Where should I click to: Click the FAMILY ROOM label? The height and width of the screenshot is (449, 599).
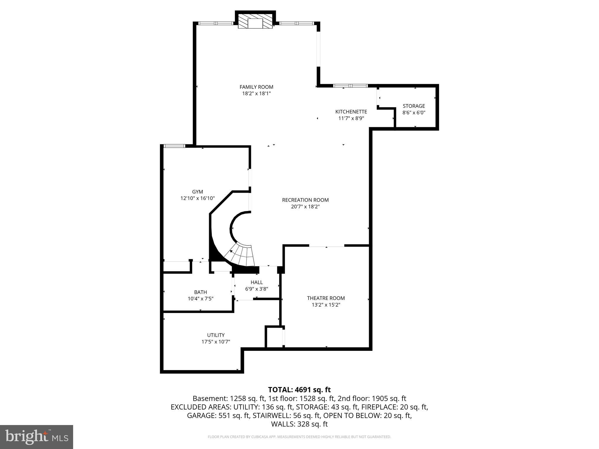[x=256, y=87]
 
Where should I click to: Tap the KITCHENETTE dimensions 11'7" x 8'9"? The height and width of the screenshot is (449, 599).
[x=351, y=118]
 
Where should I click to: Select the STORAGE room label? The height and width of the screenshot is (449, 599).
[x=414, y=106]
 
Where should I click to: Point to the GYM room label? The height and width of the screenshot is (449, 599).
[x=197, y=192]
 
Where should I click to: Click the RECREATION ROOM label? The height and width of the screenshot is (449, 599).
[x=305, y=200]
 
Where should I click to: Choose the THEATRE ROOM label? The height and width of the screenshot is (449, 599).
[x=326, y=298]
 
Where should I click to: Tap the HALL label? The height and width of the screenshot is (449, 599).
[x=257, y=282]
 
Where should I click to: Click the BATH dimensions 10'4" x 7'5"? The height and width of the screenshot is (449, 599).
[x=200, y=299]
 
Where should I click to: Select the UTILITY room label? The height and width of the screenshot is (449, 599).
[x=216, y=335]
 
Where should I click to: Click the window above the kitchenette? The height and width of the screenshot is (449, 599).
[x=350, y=86]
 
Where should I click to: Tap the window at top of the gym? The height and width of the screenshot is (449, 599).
[x=174, y=146]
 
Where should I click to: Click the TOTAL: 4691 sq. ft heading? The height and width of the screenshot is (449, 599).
[x=299, y=390]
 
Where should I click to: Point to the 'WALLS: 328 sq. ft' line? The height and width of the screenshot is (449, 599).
[x=299, y=424]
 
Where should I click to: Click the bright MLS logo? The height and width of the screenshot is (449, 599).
[x=36, y=437]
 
